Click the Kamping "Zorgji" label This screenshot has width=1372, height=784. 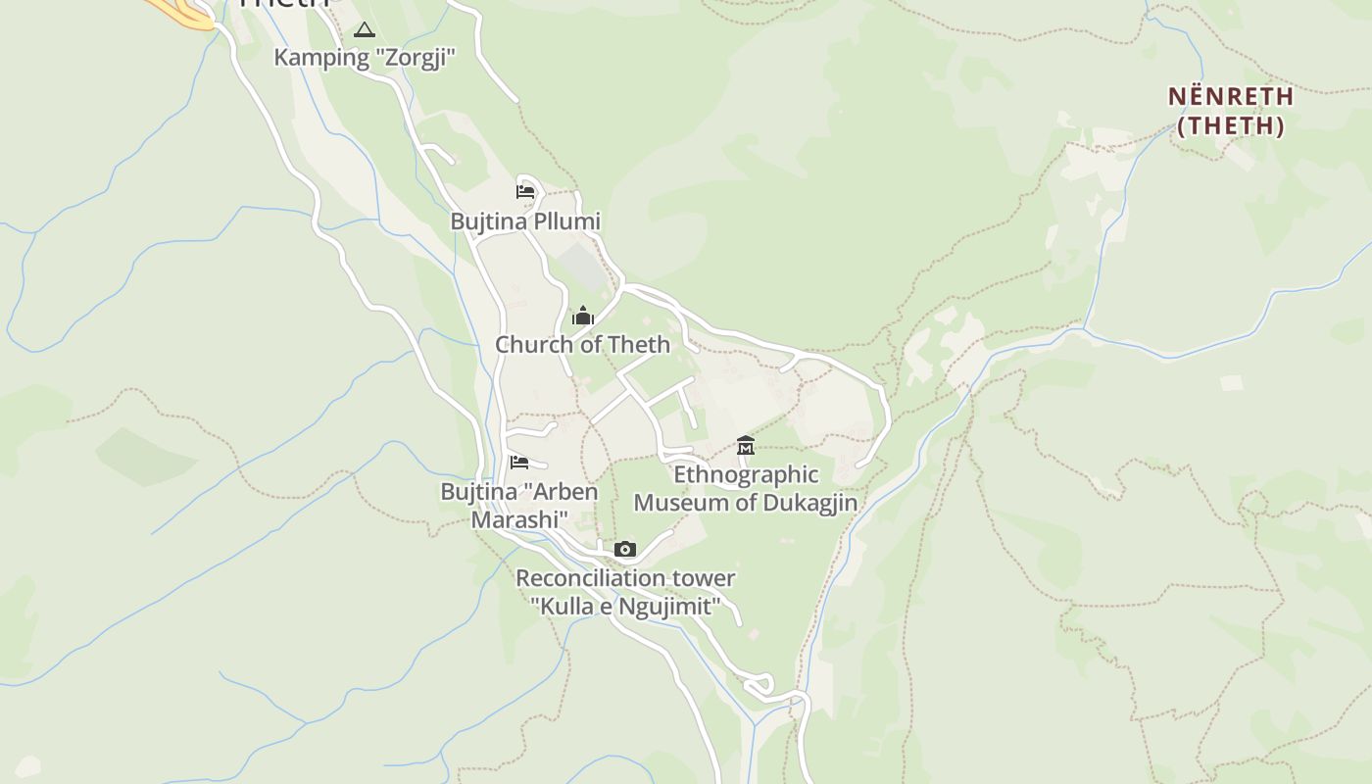(366, 57)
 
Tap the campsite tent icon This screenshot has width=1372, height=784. (365, 30)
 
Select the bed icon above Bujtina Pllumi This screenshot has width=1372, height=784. (525, 191)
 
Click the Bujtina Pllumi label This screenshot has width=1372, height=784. (525, 221)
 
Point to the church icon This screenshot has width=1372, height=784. (583, 316)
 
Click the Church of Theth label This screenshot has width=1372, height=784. (582, 345)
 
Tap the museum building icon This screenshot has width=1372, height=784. (746, 446)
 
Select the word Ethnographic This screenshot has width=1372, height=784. (746, 475)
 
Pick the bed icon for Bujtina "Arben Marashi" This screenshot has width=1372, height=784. (519, 462)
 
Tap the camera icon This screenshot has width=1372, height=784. (625, 549)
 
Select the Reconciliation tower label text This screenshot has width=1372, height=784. (625, 579)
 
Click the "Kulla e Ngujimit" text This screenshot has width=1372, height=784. (625, 606)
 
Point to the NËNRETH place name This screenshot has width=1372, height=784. (1231, 97)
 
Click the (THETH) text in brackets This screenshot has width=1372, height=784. (1231, 125)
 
